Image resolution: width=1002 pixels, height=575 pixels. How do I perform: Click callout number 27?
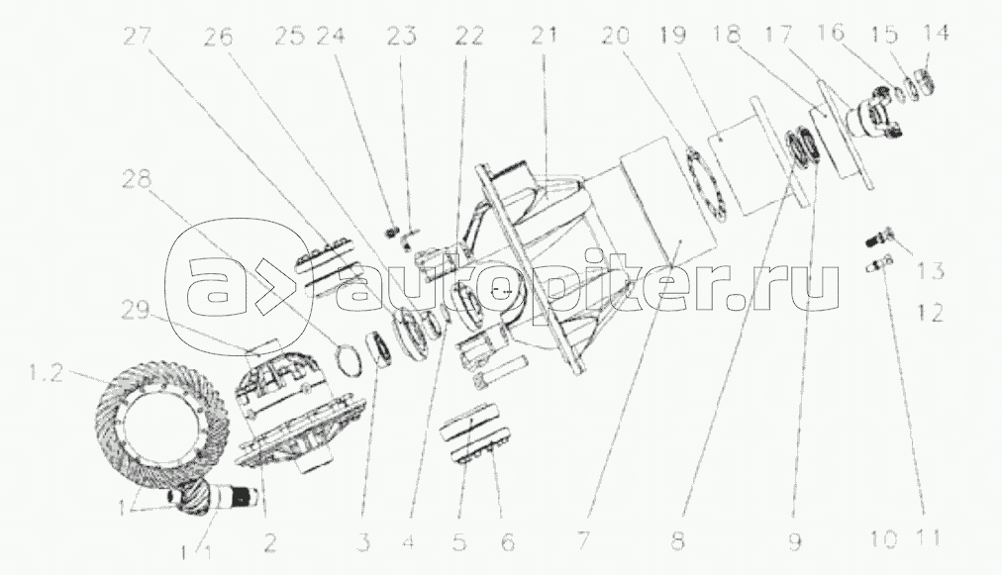click(140, 36)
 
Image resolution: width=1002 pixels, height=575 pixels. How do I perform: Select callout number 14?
click(935, 32)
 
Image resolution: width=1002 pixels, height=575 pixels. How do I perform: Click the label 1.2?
click(46, 372)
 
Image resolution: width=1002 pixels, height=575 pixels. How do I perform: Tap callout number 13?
click(930, 270)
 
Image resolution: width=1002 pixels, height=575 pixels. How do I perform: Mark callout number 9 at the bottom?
click(794, 541)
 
